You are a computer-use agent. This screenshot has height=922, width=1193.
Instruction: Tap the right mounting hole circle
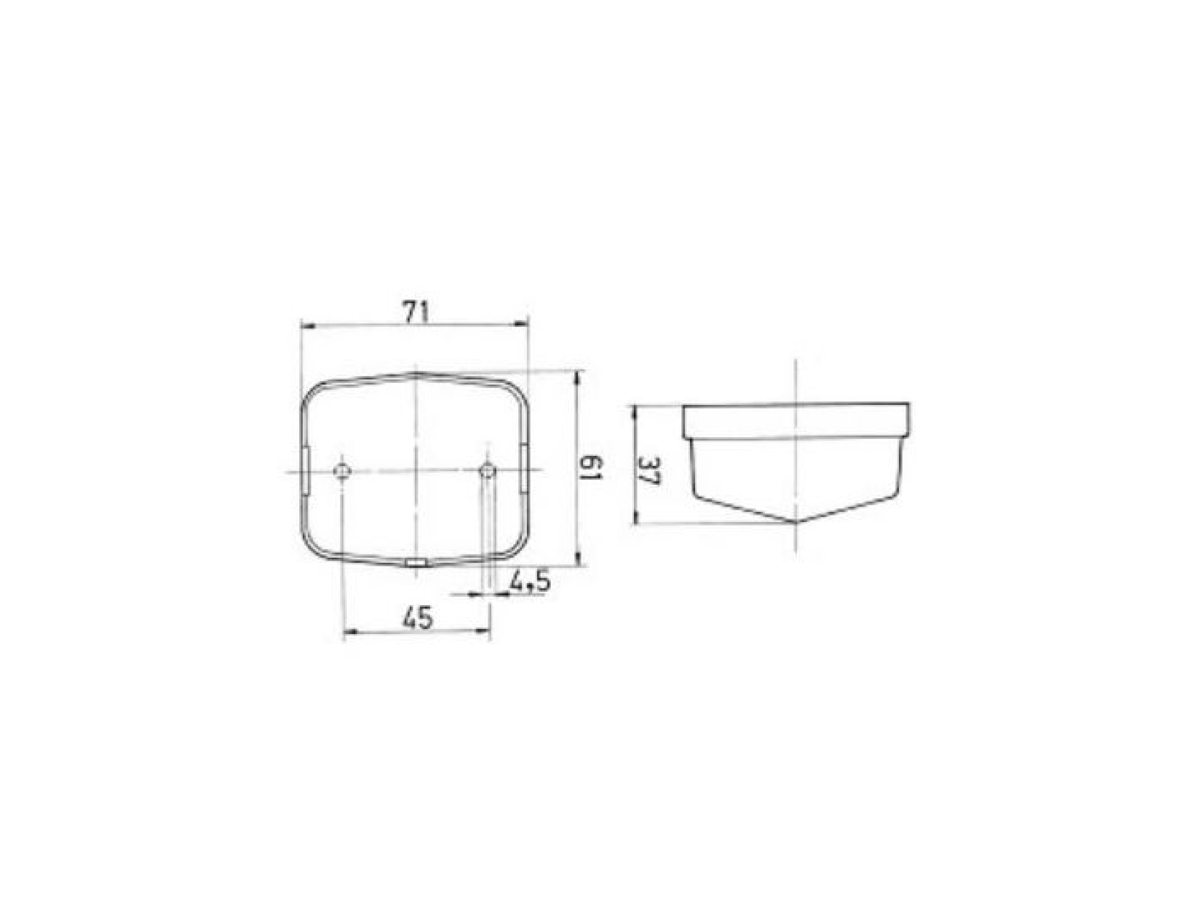(x=487, y=470)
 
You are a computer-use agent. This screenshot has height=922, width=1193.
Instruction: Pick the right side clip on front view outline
(x=524, y=468)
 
